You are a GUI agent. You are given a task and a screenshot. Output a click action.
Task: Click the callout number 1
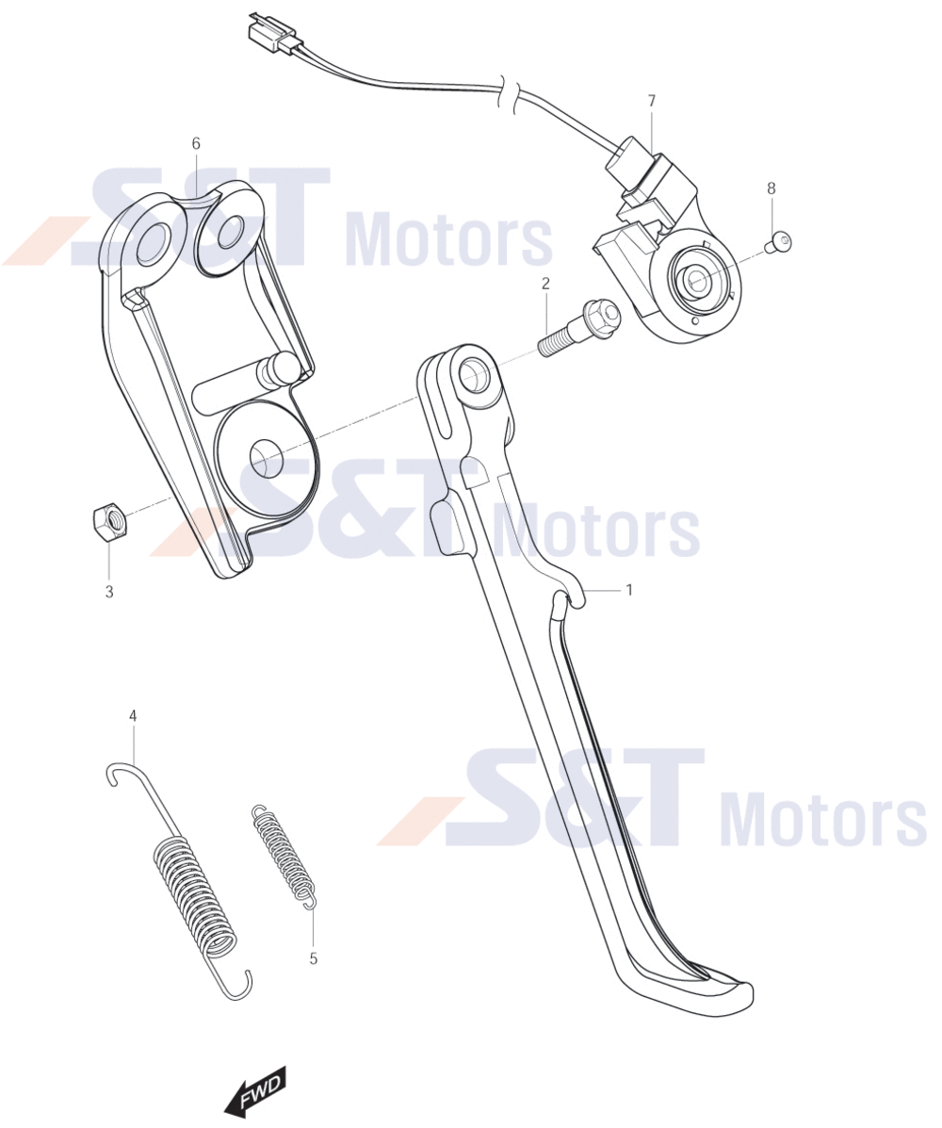tap(629, 590)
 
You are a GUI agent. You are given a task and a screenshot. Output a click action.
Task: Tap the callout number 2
tap(545, 284)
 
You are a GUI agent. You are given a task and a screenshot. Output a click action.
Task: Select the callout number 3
tap(109, 592)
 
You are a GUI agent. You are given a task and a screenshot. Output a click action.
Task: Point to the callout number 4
tap(133, 716)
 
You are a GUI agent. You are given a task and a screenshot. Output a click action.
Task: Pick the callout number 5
tap(313, 958)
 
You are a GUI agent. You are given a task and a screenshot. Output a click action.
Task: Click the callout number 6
tap(196, 144)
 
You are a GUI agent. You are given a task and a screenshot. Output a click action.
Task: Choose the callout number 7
tap(652, 101)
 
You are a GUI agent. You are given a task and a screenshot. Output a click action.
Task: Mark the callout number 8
tap(771, 188)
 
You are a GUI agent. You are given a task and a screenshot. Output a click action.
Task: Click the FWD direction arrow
tap(255, 1090)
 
